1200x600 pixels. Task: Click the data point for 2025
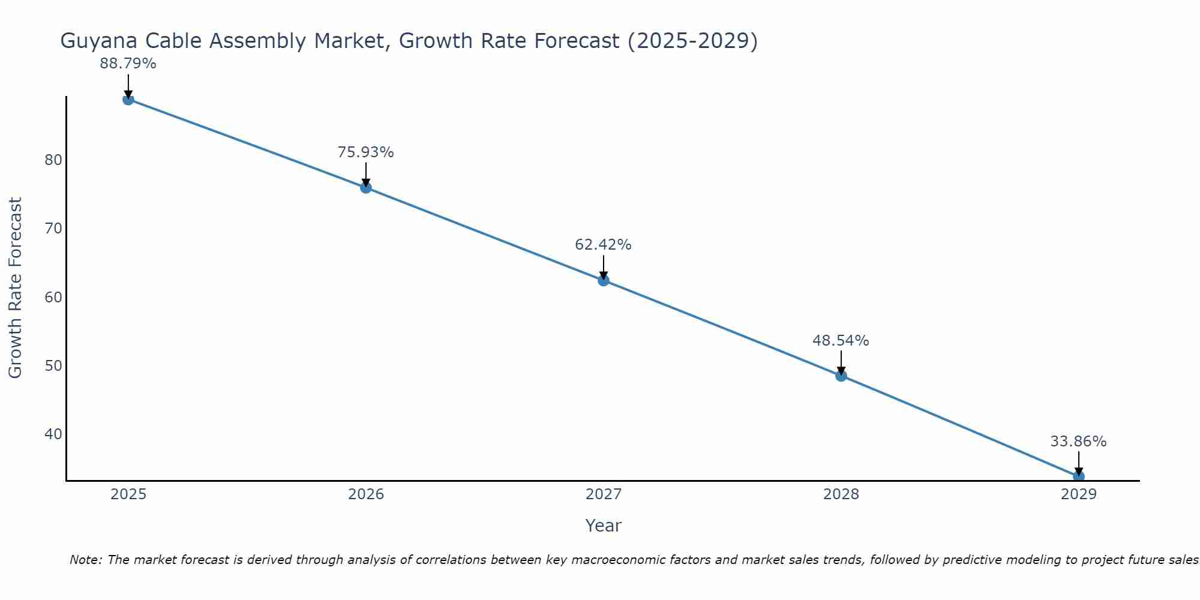click(x=128, y=99)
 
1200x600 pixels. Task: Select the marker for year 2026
click(x=366, y=188)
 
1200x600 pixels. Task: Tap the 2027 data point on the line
click(x=604, y=280)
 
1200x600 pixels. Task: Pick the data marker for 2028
click(x=841, y=376)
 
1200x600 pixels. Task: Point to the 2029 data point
click(x=1078, y=476)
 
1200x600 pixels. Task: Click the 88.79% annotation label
click(x=128, y=64)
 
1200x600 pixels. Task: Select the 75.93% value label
click(x=365, y=152)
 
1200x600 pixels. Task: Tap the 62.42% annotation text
click(x=603, y=245)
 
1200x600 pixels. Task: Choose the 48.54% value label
click(x=841, y=341)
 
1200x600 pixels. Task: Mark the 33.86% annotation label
click(x=1078, y=442)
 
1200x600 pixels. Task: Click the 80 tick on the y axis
click(x=53, y=160)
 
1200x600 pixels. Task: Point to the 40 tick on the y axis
click(x=53, y=434)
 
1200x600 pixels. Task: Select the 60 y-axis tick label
click(x=53, y=297)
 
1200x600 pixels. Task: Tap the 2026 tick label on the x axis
click(x=366, y=494)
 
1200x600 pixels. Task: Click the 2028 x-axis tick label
click(x=841, y=494)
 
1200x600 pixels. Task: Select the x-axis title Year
click(x=603, y=526)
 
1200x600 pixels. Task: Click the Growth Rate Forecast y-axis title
click(x=16, y=287)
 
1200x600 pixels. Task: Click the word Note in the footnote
click(x=86, y=560)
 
